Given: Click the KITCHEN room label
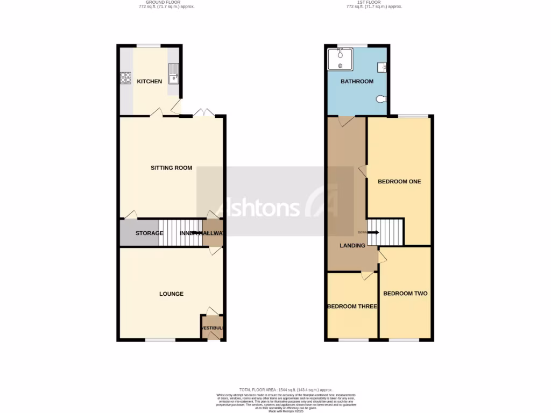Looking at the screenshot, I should (149, 82).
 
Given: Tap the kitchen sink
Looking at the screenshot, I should (173, 74).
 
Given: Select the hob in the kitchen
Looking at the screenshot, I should (126, 78).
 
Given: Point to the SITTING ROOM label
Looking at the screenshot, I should (171, 168).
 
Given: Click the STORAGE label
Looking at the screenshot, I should (149, 233).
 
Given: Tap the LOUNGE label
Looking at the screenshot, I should (171, 294).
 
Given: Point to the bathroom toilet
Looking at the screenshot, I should (382, 99).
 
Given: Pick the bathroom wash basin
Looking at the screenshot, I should (382, 67).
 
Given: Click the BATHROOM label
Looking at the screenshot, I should (357, 82).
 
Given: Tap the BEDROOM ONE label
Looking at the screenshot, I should (399, 182).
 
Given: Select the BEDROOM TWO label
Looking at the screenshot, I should (405, 294).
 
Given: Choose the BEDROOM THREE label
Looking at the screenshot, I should (352, 307).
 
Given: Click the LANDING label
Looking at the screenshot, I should (352, 246).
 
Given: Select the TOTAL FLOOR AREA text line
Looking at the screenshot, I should (286, 389).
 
